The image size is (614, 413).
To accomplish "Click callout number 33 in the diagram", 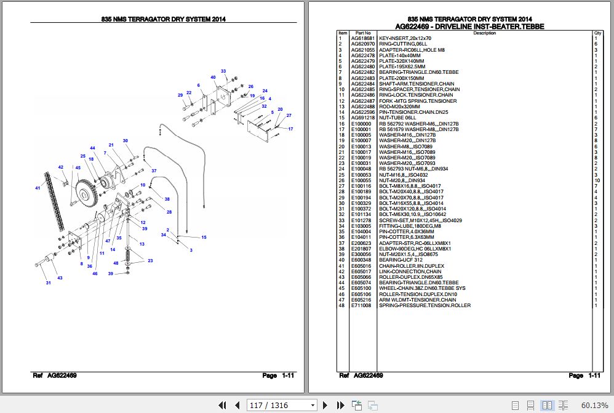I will click(x=223, y=71).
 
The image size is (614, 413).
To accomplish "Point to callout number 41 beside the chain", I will click(x=38, y=188).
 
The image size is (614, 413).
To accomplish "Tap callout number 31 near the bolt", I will click(x=49, y=283).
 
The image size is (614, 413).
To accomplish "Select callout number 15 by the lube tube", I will click(x=204, y=238).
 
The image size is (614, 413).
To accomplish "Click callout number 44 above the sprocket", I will click(x=92, y=148).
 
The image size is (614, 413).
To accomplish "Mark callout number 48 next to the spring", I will click(x=115, y=263).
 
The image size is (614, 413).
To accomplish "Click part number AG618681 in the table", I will click(x=362, y=38).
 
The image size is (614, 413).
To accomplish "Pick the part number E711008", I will click(x=361, y=305).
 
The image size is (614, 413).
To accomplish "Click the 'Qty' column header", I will click(x=597, y=33).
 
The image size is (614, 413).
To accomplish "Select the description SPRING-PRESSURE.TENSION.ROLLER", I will click(x=425, y=305).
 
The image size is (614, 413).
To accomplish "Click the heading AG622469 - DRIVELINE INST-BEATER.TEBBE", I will click(x=469, y=26).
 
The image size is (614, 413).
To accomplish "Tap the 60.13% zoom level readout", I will click(x=594, y=405).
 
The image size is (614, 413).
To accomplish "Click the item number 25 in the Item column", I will click(x=341, y=175).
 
